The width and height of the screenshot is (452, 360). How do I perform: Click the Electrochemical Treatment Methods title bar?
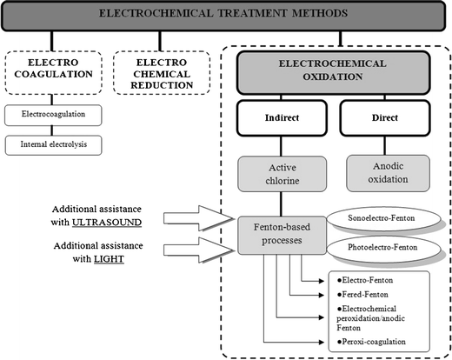click(x=225, y=15)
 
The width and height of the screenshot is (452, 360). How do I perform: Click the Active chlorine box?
click(x=284, y=174)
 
